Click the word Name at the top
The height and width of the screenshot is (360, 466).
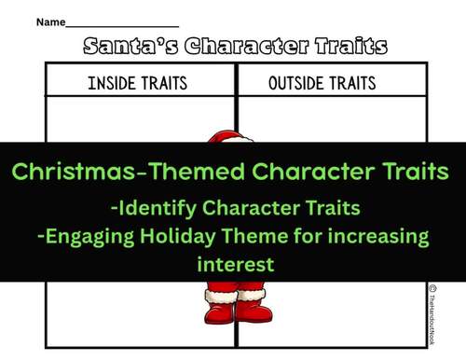pos(49,21)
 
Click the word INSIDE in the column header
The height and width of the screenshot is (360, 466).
pos(112,83)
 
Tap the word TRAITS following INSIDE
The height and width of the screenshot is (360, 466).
pos(165,83)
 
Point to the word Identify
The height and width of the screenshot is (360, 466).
pos(162,206)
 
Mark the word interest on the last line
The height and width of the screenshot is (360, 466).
pos(236,264)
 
